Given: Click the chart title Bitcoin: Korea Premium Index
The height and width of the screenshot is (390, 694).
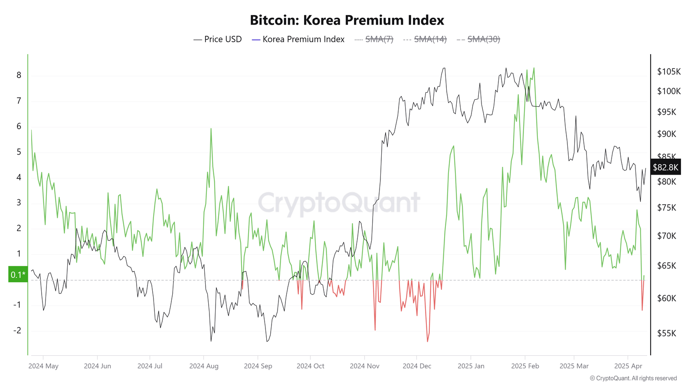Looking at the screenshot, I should [x=347, y=20].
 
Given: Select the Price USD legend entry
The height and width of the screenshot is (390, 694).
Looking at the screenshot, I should [x=218, y=39].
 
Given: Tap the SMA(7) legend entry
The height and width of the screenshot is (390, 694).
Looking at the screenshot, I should [x=374, y=39].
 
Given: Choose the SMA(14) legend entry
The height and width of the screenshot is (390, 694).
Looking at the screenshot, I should [x=425, y=39].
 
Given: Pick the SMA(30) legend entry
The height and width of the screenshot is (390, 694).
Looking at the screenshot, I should [x=478, y=39].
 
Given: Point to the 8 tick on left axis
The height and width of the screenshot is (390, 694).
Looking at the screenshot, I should [x=19, y=75].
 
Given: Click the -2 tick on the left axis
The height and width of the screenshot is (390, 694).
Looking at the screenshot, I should [x=17, y=331].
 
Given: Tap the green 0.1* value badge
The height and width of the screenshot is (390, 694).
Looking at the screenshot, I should [x=18, y=275].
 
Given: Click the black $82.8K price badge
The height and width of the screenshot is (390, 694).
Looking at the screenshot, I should [x=665, y=167].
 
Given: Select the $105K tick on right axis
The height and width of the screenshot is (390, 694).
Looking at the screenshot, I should [x=669, y=71].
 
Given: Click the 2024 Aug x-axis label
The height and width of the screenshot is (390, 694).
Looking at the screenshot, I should [x=204, y=366].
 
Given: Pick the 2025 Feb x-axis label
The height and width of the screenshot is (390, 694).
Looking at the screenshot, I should [x=525, y=366].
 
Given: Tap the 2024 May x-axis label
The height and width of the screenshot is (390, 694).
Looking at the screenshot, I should [x=43, y=366].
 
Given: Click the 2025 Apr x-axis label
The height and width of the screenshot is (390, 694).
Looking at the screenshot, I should [x=628, y=366].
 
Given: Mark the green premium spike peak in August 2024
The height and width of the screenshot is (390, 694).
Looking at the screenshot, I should [x=211, y=129].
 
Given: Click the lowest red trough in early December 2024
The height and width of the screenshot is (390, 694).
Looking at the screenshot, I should [x=427, y=341].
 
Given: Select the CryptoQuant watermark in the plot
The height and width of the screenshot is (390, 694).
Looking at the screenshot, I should [x=339, y=202].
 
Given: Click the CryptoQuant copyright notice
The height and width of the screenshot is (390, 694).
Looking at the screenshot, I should [x=633, y=378].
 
